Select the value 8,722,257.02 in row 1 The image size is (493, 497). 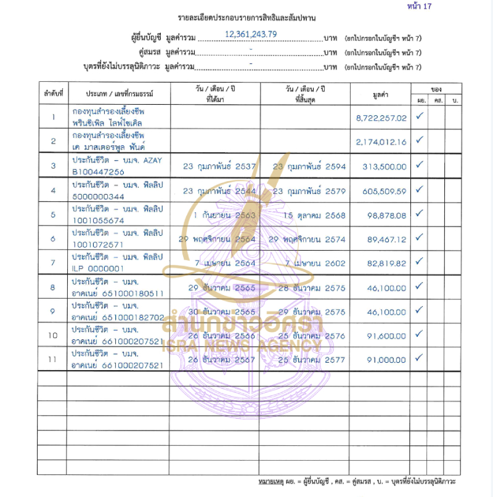pyautogui.click(x=381, y=118)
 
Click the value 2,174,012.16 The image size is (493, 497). pyautogui.click(x=381, y=142)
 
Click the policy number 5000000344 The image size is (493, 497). pyautogui.click(x=98, y=196)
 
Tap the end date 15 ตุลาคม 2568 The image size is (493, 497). pyautogui.click(x=314, y=216)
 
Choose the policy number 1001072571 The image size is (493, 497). pyautogui.click(x=98, y=244)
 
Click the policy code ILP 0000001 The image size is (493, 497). pyautogui.click(x=98, y=269)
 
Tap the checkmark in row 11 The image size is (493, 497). pyautogui.click(x=420, y=357)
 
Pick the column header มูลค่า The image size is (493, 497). pyautogui.click(x=381, y=94)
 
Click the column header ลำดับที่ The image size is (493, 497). pyautogui.click(x=53, y=94)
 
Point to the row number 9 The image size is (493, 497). pyautogui.click(x=53, y=312)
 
